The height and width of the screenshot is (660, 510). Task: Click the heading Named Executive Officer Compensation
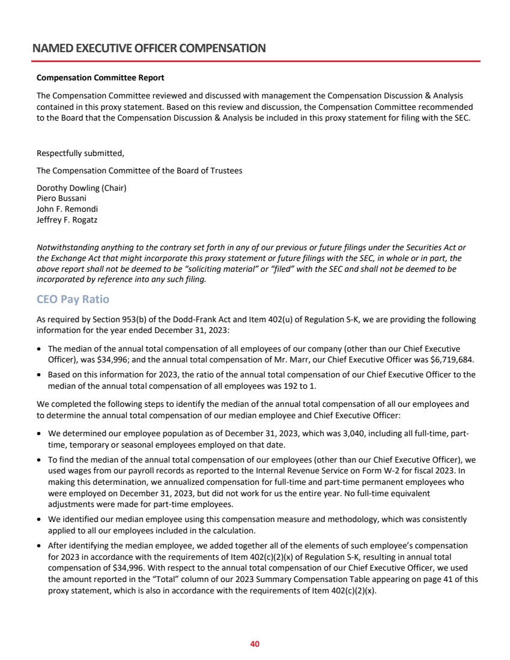click(149, 48)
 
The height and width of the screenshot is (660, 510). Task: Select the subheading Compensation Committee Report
click(100, 78)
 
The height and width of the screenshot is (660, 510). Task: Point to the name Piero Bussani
click(62, 197)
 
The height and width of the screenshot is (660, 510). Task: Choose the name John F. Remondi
click(67, 208)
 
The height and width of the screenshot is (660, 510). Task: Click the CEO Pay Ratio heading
click(73, 299)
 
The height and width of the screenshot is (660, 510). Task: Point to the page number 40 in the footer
click(255, 644)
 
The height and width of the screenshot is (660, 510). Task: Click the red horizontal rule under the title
click(255, 61)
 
